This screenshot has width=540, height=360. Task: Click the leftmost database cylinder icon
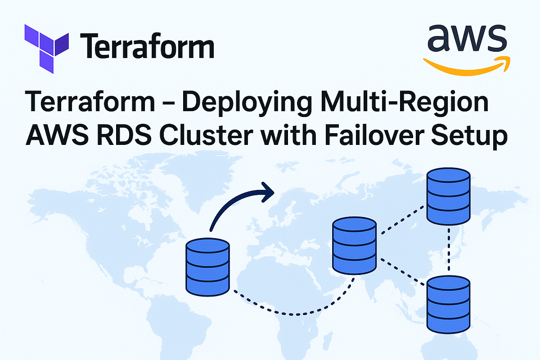pyautogui.click(x=207, y=267)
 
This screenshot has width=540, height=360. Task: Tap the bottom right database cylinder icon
pyautogui.click(x=449, y=304)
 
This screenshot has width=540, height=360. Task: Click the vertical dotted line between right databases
pyautogui.click(x=449, y=250)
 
